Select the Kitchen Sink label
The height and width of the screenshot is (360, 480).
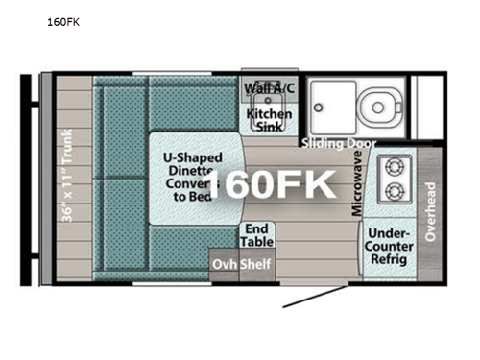click(270, 121)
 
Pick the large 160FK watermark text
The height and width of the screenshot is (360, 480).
click(272, 183)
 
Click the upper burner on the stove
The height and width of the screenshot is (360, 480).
click(393, 165)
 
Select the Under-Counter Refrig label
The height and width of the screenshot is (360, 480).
click(390, 248)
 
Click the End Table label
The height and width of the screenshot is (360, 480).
click(255, 236)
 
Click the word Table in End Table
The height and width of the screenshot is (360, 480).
click(255, 243)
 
